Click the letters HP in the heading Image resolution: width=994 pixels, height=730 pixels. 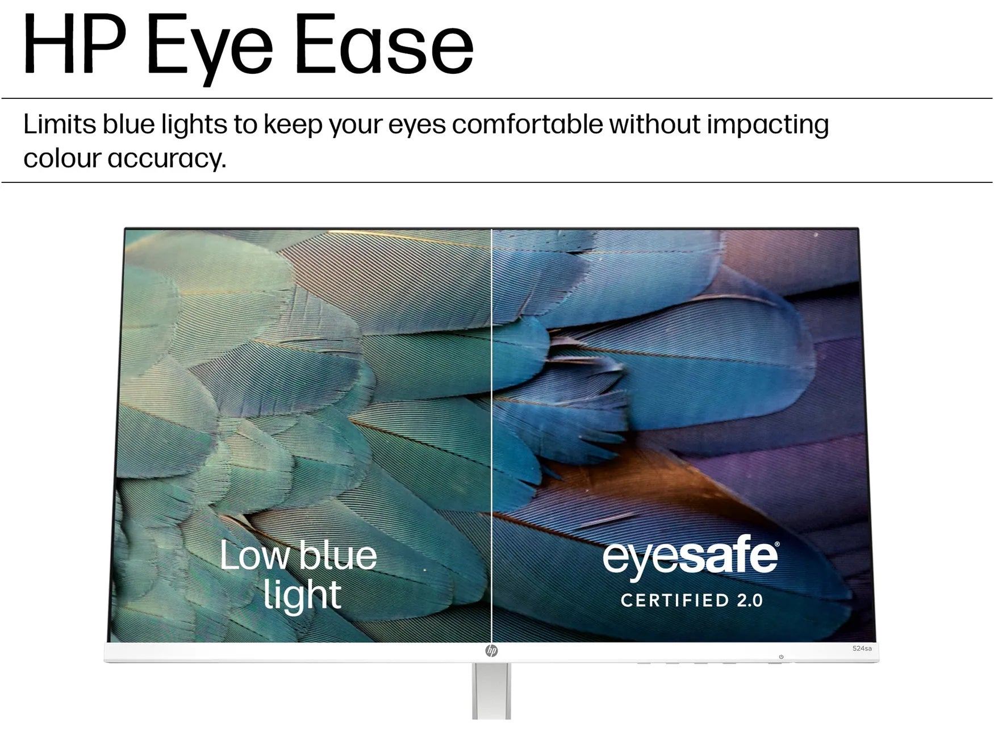(74, 44)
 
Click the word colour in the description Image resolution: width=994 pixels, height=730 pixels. (62, 158)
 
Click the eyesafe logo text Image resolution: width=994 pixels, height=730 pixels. (689, 558)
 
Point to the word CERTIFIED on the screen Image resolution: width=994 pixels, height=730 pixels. (674, 600)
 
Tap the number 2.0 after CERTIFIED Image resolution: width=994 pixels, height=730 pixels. (749, 600)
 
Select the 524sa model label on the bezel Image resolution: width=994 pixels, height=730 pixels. (862, 648)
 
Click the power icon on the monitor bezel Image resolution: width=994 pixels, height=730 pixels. (781, 657)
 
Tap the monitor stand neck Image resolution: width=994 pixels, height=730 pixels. (491, 691)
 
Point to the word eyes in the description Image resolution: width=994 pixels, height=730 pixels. (416, 126)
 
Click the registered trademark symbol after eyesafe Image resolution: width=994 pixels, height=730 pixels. (776, 544)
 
